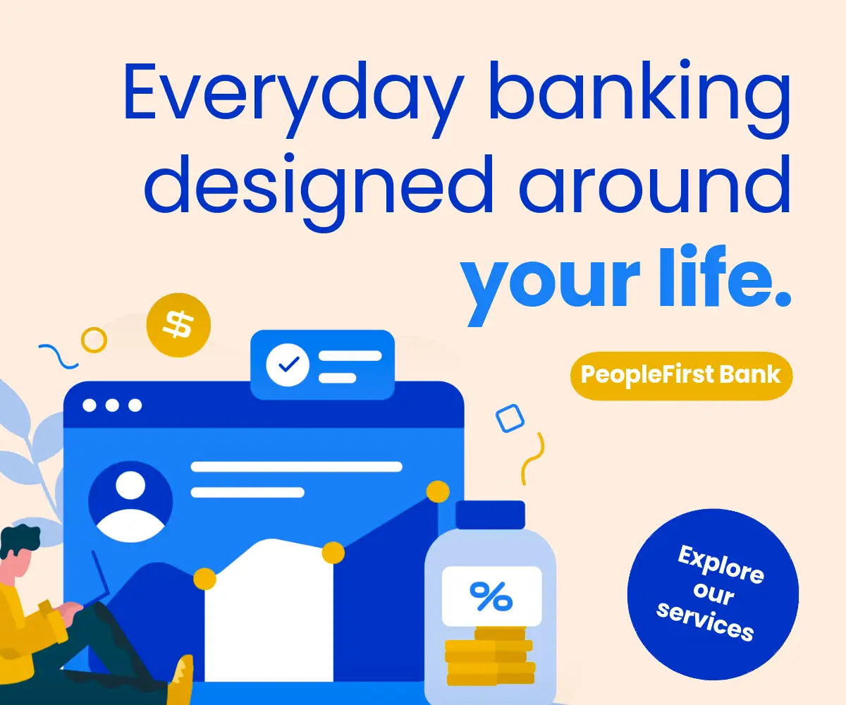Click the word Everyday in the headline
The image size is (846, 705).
pyautogui.click(x=293, y=99)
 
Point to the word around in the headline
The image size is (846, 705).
pyautogui.click(x=655, y=184)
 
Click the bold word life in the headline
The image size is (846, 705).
pyautogui.click(x=717, y=276)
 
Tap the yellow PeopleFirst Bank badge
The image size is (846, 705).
pyautogui.click(x=681, y=375)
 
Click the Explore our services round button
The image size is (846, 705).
pyautogui.click(x=713, y=594)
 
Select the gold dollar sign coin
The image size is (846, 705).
pyautogui.click(x=178, y=324)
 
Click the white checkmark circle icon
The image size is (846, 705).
pyautogui.click(x=288, y=364)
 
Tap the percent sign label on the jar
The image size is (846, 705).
pyautogui.click(x=491, y=596)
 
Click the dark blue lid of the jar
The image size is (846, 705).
pyautogui.click(x=490, y=515)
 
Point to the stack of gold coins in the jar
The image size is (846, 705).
pyautogui.click(x=490, y=656)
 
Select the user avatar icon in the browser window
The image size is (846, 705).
pyautogui.click(x=130, y=502)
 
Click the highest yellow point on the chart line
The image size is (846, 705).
pyautogui.click(x=438, y=491)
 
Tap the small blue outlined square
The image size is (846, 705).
pyautogui.click(x=510, y=418)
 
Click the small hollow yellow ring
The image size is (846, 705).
pyautogui.click(x=94, y=340)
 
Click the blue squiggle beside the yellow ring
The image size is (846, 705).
pyautogui.click(x=59, y=357)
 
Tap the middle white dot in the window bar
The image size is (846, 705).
pyautogui.click(x=112, y=405)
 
